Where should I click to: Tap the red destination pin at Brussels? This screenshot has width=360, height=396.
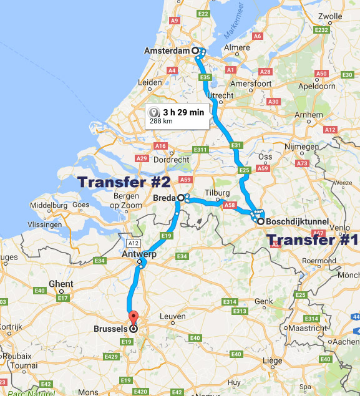131,317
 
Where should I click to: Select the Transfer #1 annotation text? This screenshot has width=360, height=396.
312,240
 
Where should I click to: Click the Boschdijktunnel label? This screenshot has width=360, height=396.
296,221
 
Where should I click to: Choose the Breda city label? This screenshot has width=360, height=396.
163,198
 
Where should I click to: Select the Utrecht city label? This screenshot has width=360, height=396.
220,95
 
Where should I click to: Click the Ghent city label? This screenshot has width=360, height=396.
61,284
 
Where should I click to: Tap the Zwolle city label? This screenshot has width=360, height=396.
331,34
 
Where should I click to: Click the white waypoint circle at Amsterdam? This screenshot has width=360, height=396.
195,51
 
